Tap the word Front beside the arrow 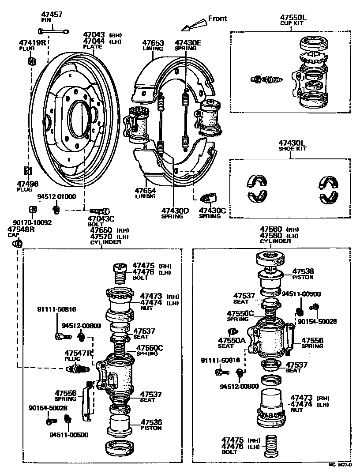pos(217,19)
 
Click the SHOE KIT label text pos(292,149)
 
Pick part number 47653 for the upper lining pos(153,43)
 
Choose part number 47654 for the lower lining pos(146,190)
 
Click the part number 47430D pos(175,211)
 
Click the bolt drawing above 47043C pos(100,211)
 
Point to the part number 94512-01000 pos(56,197)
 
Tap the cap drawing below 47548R pos(18,243)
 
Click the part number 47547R pos(78,353)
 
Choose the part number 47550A pos(232,340)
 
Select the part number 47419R pos(32,43)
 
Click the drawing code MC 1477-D pos(340,465)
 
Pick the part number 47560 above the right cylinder pos(270,229)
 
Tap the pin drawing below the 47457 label pos(53,30)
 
